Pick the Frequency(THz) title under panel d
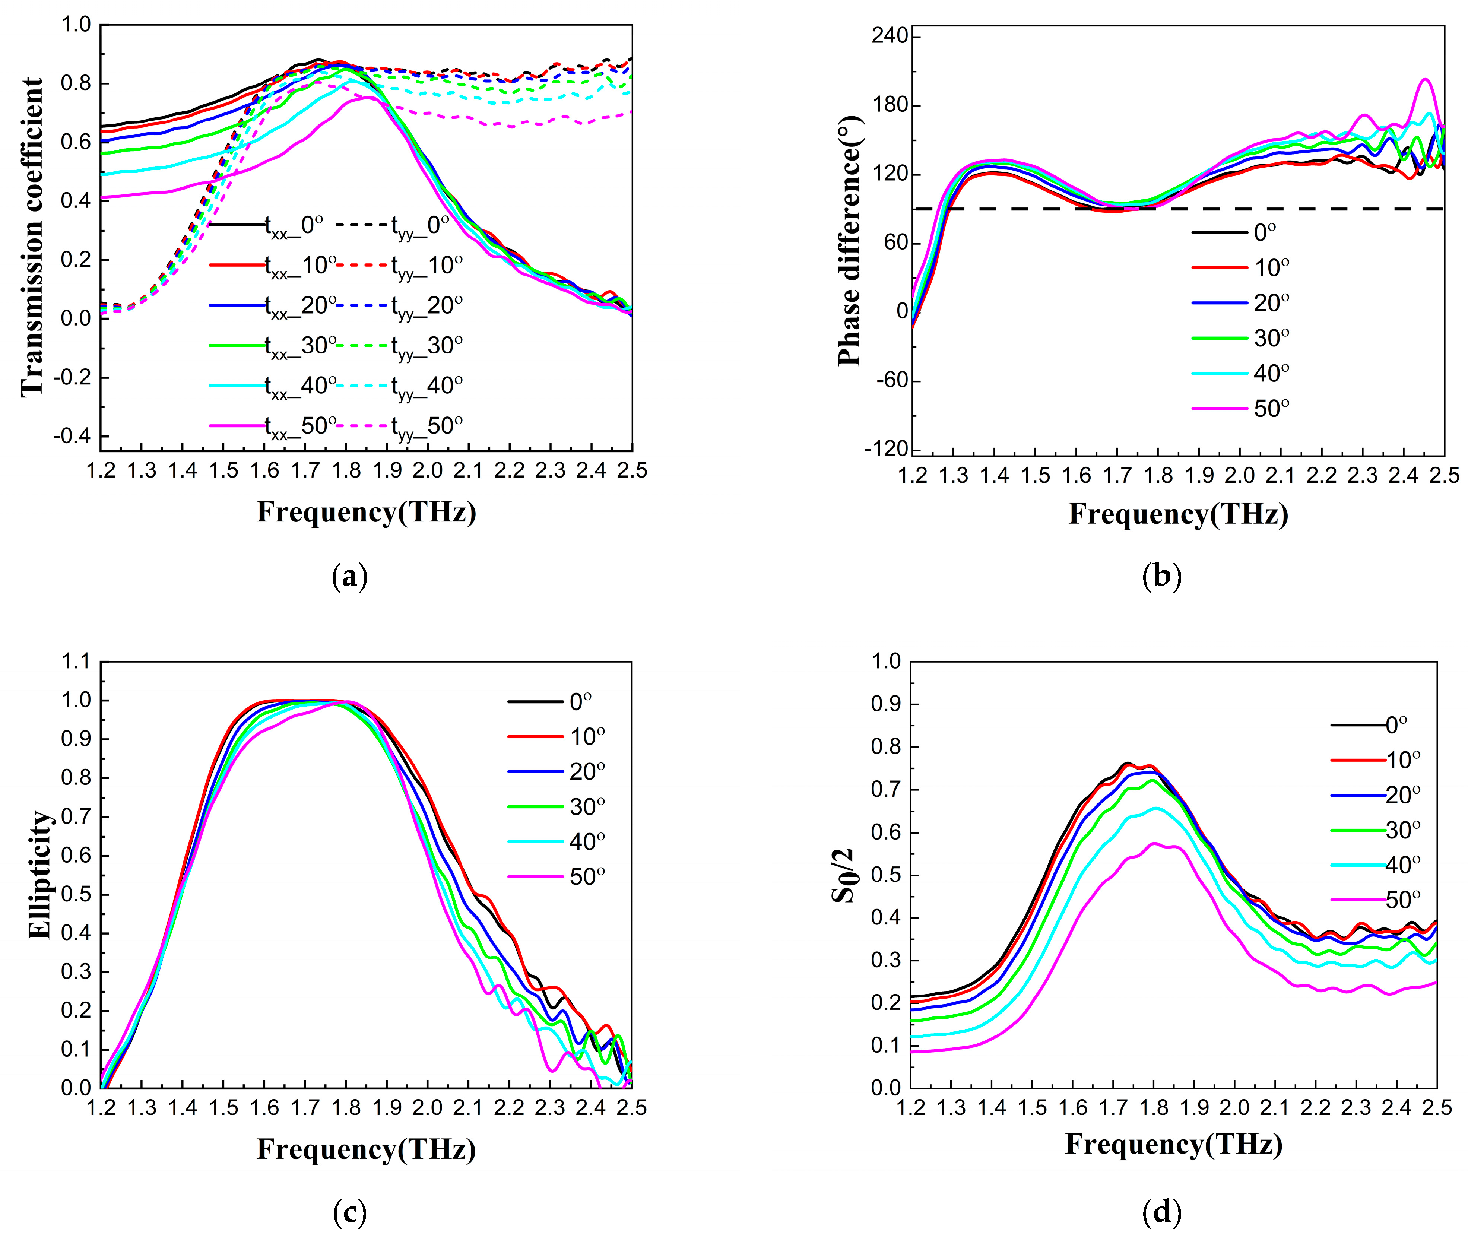[x=1173, y=1144]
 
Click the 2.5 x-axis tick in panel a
[x=631, y=470]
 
